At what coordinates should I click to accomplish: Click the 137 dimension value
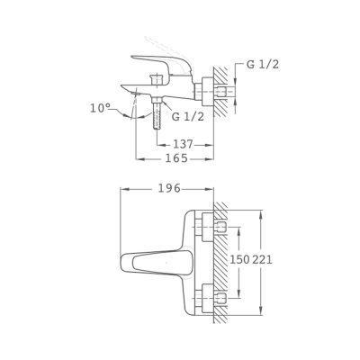point(183,145)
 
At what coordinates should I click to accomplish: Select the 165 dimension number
point(176,158)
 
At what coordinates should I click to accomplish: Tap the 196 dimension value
point(169,189)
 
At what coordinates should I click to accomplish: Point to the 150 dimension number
point(239,259)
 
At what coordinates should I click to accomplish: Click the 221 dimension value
point(262,259)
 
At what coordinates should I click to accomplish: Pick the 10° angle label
point(101,108)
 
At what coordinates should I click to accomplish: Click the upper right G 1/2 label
point(263,65)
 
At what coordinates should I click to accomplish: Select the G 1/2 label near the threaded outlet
point(188,116)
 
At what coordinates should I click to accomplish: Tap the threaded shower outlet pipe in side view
point(157,115)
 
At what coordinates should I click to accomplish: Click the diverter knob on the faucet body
point(156,79)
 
